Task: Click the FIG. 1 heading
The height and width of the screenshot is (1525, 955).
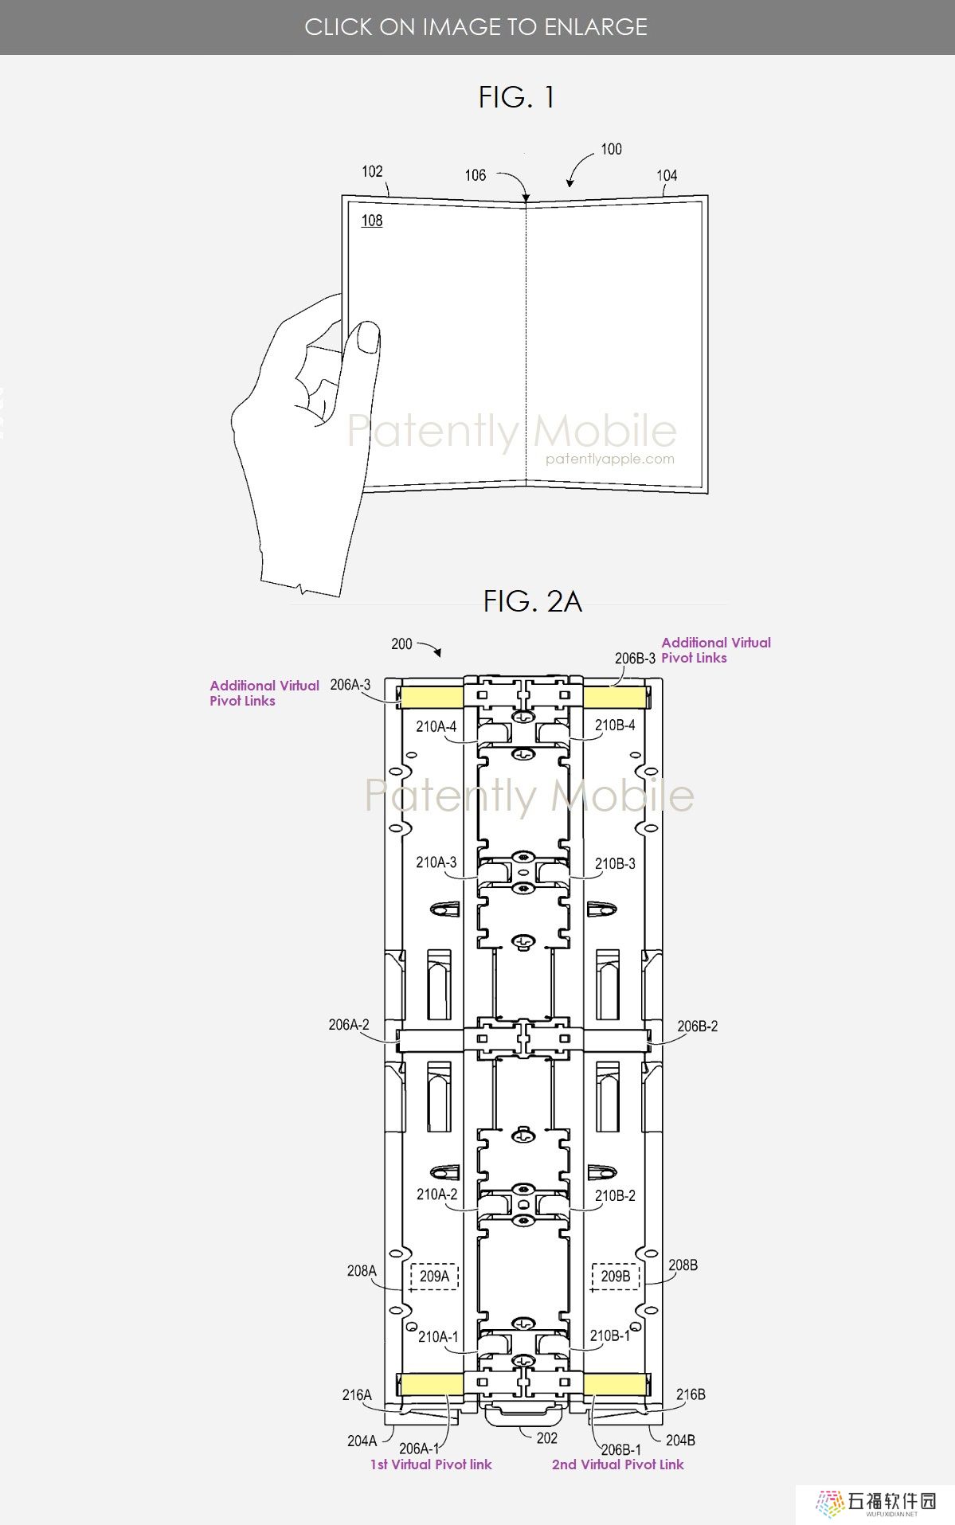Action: tap(516, 97)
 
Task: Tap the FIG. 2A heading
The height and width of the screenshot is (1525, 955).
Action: tap(532, 601)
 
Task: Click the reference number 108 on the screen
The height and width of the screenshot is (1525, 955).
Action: tap(372, 221)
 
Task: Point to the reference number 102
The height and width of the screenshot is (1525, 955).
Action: tap(372, 171)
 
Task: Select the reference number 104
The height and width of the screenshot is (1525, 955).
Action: tap(667, 175)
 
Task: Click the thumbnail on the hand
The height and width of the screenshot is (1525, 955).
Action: tap(367, 337)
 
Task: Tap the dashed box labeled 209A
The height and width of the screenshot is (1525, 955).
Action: tap(434, 1277)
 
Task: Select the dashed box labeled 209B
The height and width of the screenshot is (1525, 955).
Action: tap(615, 1277)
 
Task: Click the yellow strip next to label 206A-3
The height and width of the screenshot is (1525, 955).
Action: tap(431, 698)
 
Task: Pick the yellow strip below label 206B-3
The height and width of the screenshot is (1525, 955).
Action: tap(614, 698)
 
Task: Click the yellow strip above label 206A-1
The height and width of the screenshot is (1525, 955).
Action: tap(431, 1384)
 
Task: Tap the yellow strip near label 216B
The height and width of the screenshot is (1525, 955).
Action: tap(614, 1384)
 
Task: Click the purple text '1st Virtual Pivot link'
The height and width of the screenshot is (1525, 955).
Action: tap(431, 1464)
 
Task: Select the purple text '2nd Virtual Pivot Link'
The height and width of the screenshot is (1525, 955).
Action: tap(618, 1464)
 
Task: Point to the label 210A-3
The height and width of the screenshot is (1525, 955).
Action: tap(436, 862)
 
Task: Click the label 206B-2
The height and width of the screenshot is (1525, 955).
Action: tap(698, 1026)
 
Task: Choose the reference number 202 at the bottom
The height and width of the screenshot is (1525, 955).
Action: tap(547, 1438)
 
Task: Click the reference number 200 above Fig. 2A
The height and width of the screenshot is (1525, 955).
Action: tap(402, 643)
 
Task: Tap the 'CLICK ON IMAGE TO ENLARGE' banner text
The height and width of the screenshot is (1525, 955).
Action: tap(476, 27)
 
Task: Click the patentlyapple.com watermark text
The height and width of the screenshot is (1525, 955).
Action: tap(610, 459)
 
